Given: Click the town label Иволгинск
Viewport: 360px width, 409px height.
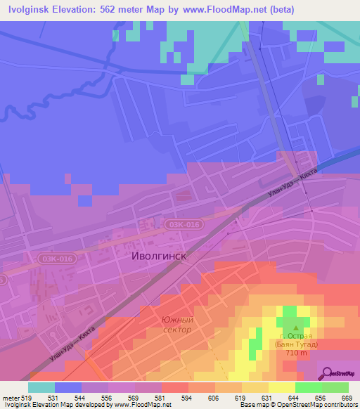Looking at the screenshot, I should [x=160, y=257].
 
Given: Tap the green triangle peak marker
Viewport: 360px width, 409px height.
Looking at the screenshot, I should [x=296, y=327].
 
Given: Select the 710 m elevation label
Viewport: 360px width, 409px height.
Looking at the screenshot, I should [x=296, y=352].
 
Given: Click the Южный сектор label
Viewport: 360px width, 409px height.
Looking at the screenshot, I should [x=176, y=325].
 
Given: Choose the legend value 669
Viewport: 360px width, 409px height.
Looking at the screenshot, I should [x=347, y=397].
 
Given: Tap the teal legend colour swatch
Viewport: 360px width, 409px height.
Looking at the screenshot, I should [x=41, y=387].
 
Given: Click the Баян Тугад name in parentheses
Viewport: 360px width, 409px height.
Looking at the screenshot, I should [x=296, y=344].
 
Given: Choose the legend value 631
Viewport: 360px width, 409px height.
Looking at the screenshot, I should [x=268, y=397].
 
